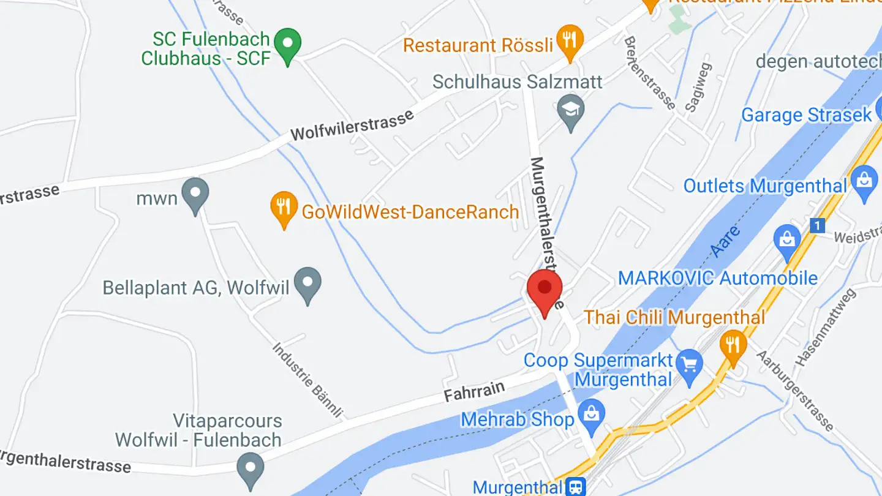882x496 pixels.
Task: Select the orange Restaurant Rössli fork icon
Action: (x=570, y=40)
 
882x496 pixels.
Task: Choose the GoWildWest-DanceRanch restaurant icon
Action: (x=284, y=208)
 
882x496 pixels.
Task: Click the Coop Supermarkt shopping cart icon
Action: (x=690, y=365)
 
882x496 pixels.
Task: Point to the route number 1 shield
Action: (x=817, y=226)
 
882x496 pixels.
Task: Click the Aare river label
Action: (x=726, y=242)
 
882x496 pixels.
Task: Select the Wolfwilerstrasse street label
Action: (x=352, y=126)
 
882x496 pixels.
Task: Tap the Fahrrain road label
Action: (x=475, y=391)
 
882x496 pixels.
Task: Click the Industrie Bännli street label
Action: (x=307, y=380)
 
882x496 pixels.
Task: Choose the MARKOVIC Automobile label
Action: (x=718, y=278)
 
